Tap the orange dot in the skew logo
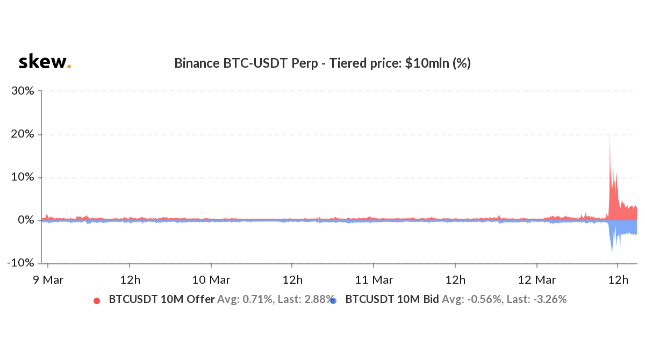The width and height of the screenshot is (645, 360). (69, 67)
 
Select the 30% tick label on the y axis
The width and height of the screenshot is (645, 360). (23, 91)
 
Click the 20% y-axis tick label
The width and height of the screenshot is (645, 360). (23, 134)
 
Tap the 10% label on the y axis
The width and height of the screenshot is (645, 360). (23, 177)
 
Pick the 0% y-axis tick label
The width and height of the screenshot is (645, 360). (25, 220)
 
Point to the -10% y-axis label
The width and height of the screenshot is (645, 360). (21, 263)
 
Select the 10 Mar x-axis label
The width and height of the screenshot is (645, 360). (211, 280)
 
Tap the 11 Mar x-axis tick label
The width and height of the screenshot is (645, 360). (374, 280)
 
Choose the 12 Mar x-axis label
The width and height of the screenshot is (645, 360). (537, 280)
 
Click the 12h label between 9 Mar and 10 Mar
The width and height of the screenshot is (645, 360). (130, 280)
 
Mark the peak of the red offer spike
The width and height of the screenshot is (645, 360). (610, 135)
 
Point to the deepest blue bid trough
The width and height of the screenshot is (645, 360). (620, 253)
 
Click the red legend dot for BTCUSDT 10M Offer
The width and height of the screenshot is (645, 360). (97, 300)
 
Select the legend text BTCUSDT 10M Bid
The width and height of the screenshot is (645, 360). (392, 300)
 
